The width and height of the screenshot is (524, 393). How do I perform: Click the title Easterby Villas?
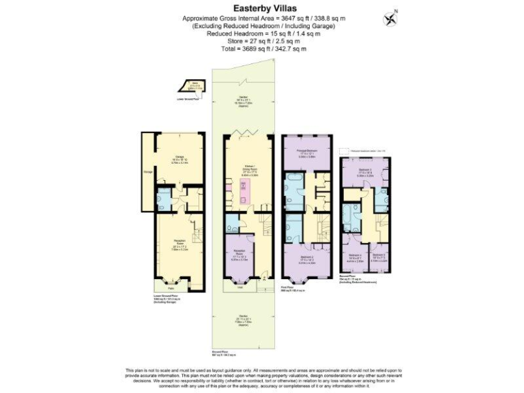click(x=262, y=9)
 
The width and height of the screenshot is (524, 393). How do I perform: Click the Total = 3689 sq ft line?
click(x=261, y=49)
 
